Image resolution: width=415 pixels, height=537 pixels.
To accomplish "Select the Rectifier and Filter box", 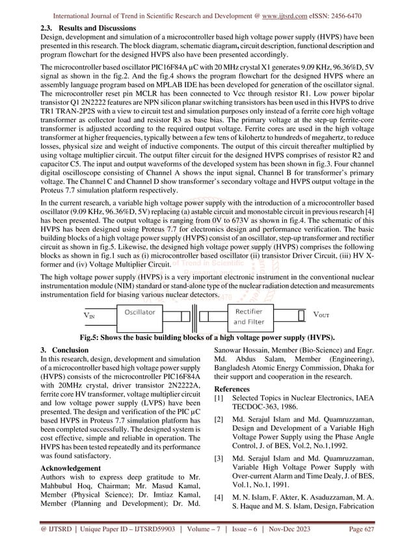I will (248, 317).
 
